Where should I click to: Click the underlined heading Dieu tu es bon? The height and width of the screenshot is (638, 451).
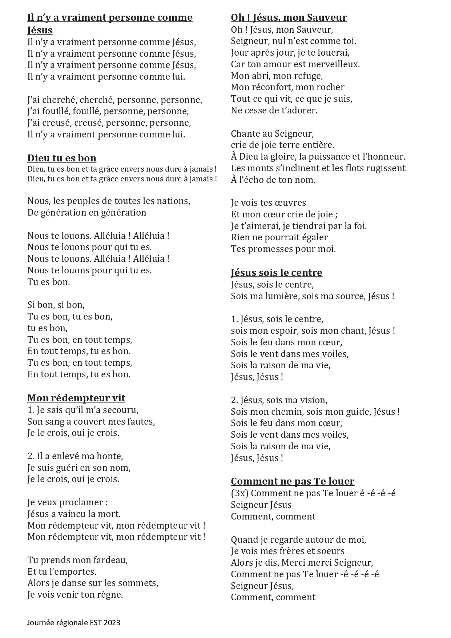coord(62,158)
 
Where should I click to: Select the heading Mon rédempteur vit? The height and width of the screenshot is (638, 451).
coord(76,398)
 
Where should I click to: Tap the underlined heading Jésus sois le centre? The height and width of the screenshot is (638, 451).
coord(277,273)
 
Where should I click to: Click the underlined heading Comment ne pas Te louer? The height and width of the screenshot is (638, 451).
coord(293,481)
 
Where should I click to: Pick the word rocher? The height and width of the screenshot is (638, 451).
coord(330,87)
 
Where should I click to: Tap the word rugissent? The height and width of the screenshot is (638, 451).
coord(386,168)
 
